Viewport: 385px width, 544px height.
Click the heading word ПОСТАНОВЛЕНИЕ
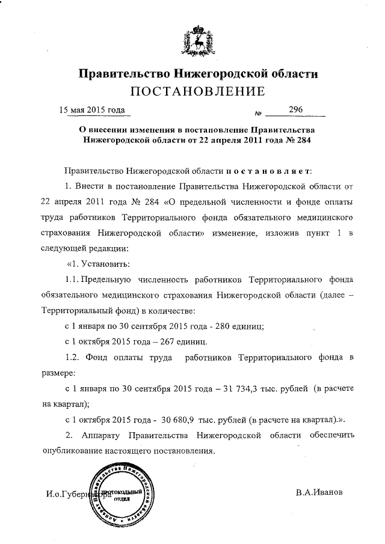tap(199, 92)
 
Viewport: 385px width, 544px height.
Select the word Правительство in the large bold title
tap(123, 75)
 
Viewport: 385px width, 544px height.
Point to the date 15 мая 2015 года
tap(91, 110)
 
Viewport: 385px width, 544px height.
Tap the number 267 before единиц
tap(170, 342)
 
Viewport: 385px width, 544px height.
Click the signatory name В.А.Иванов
tap(319, 492)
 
